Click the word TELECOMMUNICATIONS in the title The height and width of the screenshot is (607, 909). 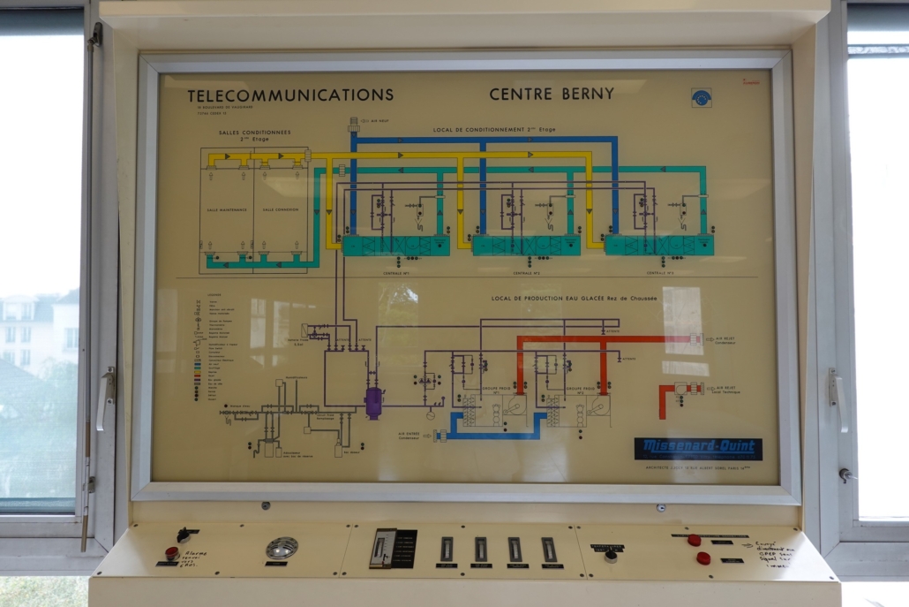pyautogui.click(x=290, y=95)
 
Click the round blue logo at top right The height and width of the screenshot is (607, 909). pyautogui.click(x=701, y=97)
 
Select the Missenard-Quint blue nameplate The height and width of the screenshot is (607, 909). pyautogui.click(x=697, y=449)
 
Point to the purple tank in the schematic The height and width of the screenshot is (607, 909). pyautogui.click(x=373, y=402)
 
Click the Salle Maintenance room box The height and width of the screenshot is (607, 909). pyautogui.click(x=226, y=209)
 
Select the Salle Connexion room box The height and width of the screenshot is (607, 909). pyautogui.click(x=281, y=209)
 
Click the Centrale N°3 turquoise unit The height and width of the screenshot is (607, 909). pyautogui.click(x=659, y=245)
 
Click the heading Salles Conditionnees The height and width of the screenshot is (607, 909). pyautogui.click(x=254, y=133)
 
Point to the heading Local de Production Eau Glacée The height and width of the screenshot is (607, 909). pyautogui.click(x=574, y=299)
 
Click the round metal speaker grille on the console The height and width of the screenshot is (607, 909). pyautogui.click(x=282, y=549)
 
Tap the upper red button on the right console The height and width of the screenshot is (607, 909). pyautogui.click(x=695, y=540)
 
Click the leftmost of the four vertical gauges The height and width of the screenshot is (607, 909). pyautogui.click(x=447, y=550)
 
